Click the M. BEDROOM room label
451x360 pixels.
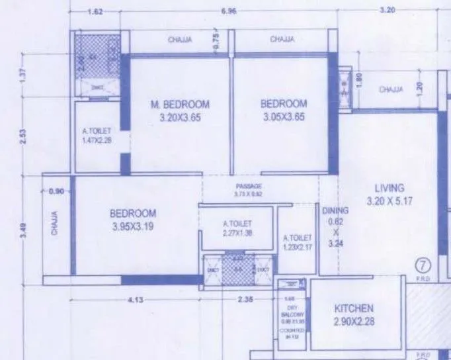tap(180, 105)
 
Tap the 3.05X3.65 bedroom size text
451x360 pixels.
tap(284, 118)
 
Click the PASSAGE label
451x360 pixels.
tap(249, 187)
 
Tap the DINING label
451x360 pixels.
tap(335, 210)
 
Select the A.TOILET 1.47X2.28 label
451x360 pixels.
tap(97, 136)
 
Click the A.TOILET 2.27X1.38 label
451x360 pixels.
tap(238, 228)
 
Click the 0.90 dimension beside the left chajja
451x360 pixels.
tap(58, 191)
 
